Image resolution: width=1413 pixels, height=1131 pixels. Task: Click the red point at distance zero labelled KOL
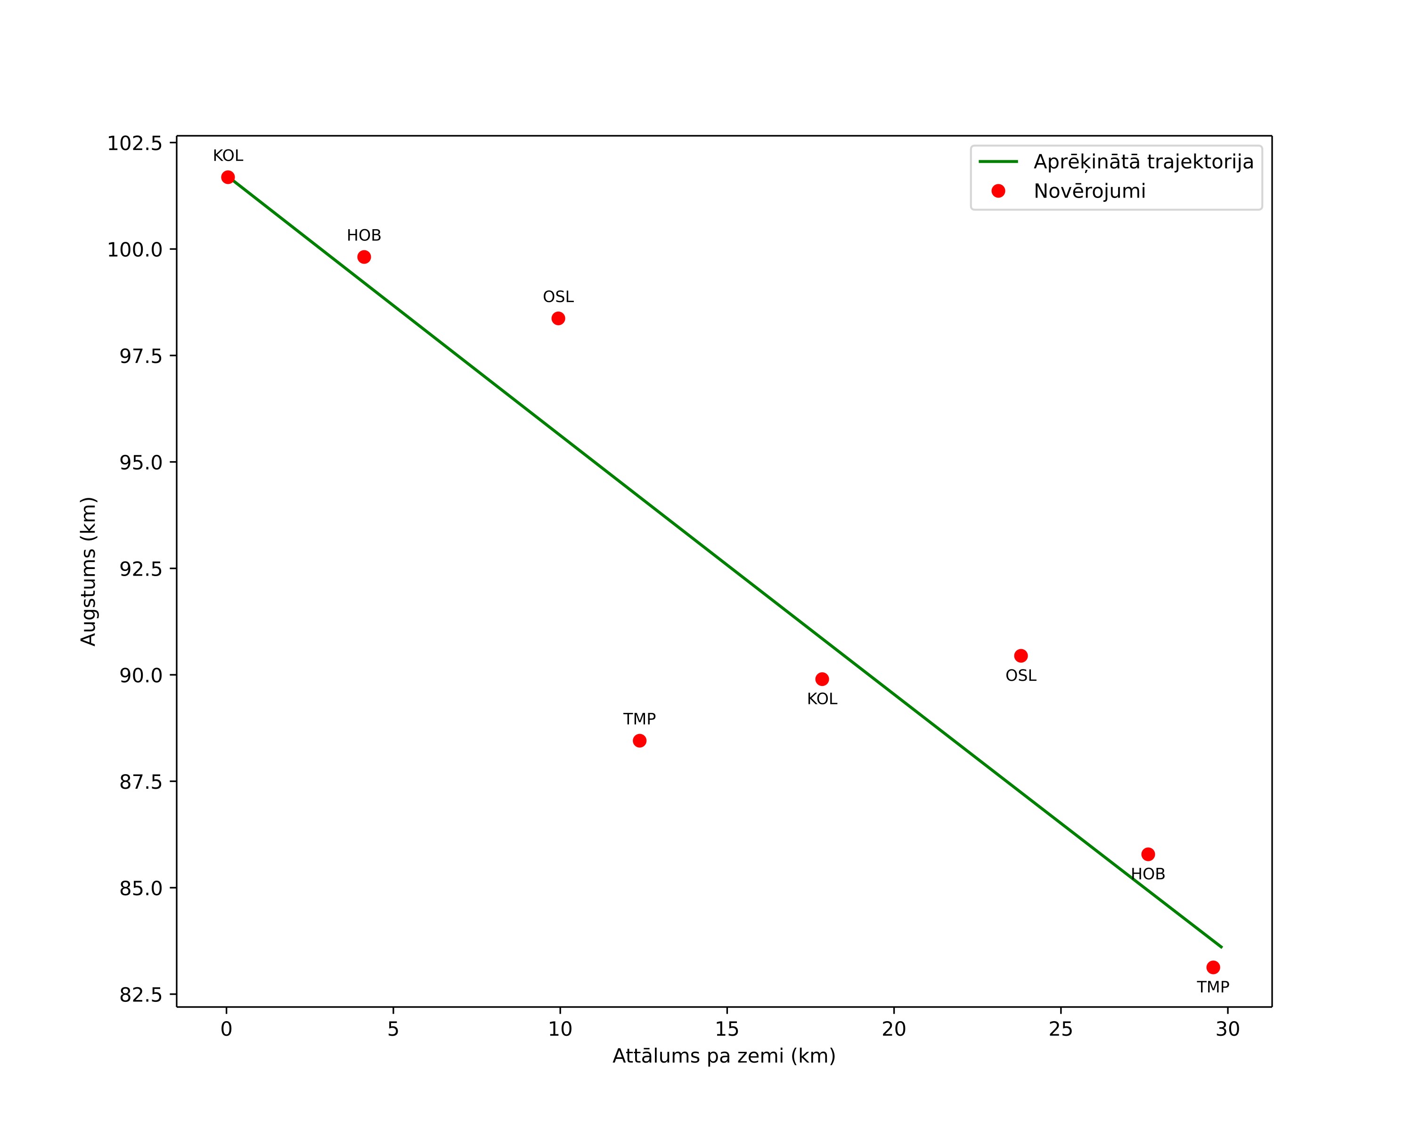tap(228, 177)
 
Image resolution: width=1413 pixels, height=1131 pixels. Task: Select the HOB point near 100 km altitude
tap(364, 257)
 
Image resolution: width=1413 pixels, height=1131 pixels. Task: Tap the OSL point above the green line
tap(558, 319)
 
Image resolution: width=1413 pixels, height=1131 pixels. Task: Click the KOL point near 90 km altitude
tap(822, 679)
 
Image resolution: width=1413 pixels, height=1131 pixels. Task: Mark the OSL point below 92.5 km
tap(1021, 656)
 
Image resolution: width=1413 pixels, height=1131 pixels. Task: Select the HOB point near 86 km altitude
tap(1148, 854)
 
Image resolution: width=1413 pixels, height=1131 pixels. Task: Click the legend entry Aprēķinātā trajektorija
tap(1143, 162)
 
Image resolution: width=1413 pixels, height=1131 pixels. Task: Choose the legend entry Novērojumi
tap(1089, 191)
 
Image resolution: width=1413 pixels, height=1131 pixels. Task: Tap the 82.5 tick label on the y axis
tap(141, 995)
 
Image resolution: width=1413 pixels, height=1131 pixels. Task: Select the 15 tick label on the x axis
tap(727, 1029)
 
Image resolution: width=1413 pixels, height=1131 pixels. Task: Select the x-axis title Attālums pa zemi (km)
tap(724, 1056)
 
